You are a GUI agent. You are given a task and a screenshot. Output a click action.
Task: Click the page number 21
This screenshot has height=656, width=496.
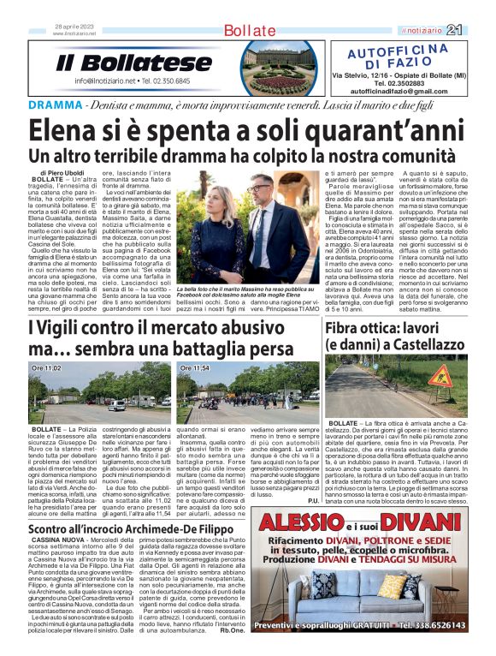point(477,31)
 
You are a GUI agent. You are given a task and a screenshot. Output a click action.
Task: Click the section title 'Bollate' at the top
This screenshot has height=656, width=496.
point(248,32)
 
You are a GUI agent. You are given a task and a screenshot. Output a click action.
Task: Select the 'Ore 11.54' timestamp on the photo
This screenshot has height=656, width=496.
point(195,367)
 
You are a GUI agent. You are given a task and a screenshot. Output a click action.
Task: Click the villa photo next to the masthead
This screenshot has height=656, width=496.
point(262,66)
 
